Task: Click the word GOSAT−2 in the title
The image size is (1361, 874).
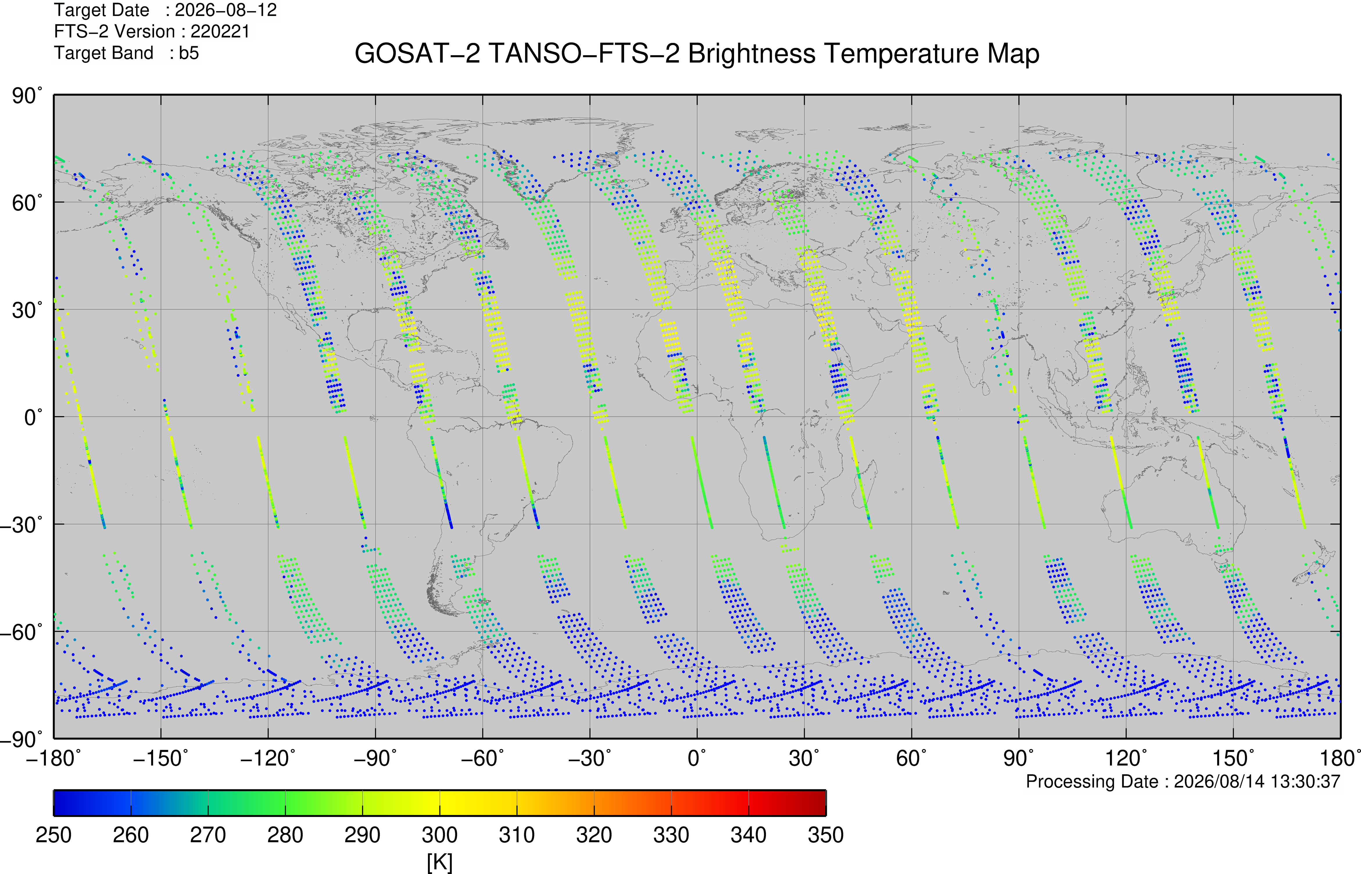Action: pyautogui.click(x=417, y=54)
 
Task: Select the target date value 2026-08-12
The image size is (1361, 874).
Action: pyautogui.click(x=226, y=10)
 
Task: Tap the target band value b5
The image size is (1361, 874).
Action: pyautogui.click(x=189, y=53)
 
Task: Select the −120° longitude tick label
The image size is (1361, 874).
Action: pyautogui.click(x=268, y=758)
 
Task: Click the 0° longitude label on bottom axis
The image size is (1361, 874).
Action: pyautogui.click(x=697, y=758)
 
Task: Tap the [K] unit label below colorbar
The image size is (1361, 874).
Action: pyautogui.click(x=440, y=862)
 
